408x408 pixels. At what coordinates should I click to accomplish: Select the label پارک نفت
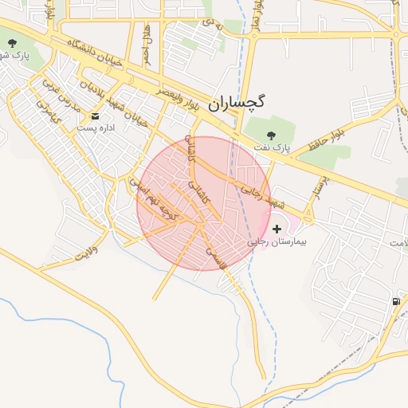(269, 147)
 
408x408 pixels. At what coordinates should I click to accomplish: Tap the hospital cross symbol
(277, 228)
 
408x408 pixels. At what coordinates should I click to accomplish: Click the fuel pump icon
(396, 301)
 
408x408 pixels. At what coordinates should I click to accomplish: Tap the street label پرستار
(317, 189)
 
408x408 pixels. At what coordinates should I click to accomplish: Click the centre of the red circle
(204, 203)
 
